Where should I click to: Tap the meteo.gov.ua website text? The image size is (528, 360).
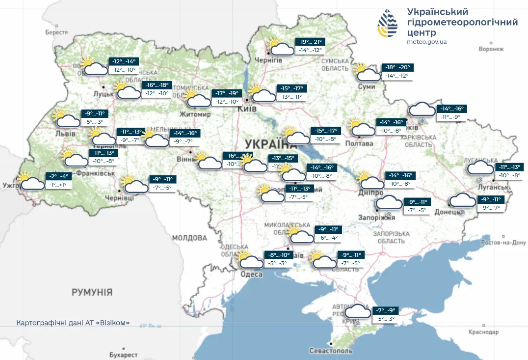pos(426,42)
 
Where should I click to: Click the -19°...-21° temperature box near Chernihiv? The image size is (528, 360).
pos(312,42)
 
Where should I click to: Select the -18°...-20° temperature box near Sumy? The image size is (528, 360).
pos(396,68)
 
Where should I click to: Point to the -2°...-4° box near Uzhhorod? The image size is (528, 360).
pos(58,176)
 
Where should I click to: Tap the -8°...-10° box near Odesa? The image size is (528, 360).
pos(279,255)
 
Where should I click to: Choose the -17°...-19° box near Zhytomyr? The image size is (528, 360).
pos(227,93)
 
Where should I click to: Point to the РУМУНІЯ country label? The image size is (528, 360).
pos(92,292)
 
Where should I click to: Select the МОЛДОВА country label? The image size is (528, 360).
pos(189,238)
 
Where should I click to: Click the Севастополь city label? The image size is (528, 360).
pos(331,351)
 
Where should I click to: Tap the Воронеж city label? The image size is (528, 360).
pos(491,49)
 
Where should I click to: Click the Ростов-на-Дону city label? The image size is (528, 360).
pos(503,243)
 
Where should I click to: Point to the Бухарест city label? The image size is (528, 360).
pos(124,354)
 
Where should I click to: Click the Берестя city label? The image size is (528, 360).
pos(56,32)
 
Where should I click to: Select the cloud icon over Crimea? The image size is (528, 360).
pos(358,312)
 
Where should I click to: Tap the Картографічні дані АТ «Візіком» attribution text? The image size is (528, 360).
pos(73,323)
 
